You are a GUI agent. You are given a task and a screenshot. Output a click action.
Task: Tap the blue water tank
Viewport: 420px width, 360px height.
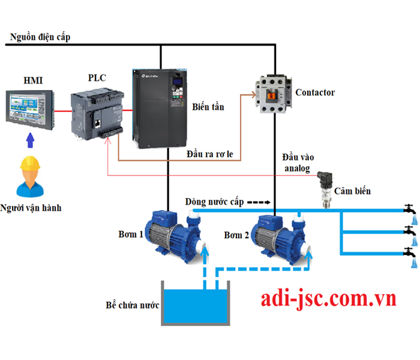[195, 305]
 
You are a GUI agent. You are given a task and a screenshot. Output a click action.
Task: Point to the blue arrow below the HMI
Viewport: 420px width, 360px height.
[29, 142]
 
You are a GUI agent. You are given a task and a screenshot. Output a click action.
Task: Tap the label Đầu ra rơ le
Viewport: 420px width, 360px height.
[214, 155]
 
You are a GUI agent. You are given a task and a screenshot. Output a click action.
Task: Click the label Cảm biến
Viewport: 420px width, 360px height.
[353, 191]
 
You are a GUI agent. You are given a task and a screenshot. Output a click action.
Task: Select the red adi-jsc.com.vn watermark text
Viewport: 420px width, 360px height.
[328, 298]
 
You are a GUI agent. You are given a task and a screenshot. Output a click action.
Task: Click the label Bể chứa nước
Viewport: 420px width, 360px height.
[131, 305]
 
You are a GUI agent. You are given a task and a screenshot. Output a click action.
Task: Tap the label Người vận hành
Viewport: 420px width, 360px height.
[31, 208]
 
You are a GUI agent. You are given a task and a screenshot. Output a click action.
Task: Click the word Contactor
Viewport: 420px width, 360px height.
[315, 92]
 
